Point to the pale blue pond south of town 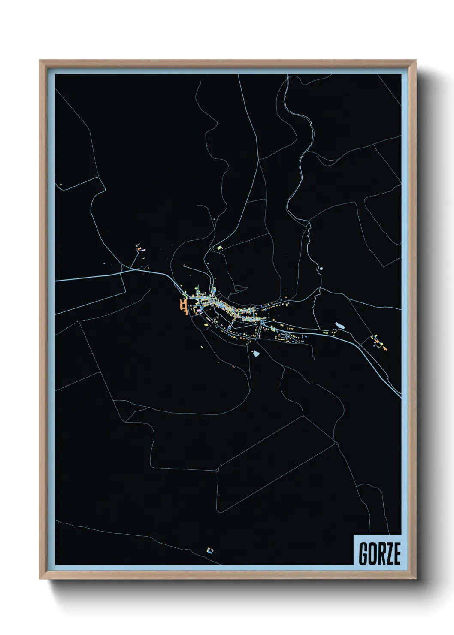(x=256, y=353)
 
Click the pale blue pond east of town (x=339, y=326)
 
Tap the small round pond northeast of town (x=321, y=269)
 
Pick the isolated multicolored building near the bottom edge (x=210, y=550)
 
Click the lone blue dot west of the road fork (x=104, y=263)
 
